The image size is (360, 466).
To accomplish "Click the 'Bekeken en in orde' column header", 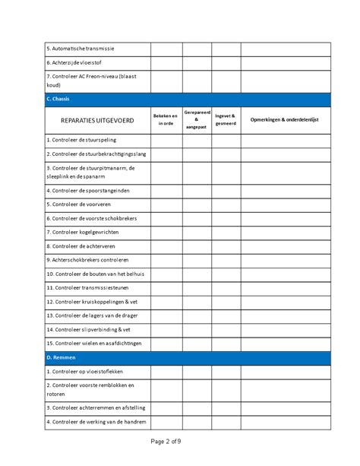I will pos(166,119).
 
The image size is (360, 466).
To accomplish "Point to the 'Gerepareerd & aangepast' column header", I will pos(196,119).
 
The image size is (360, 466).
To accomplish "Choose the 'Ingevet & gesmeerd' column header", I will pos(226,119).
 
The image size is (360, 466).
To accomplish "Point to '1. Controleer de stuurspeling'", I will pos(84,140).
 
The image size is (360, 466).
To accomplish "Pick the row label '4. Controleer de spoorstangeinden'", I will pos(90,190).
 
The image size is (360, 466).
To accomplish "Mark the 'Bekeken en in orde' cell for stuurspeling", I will pos(166,140).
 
